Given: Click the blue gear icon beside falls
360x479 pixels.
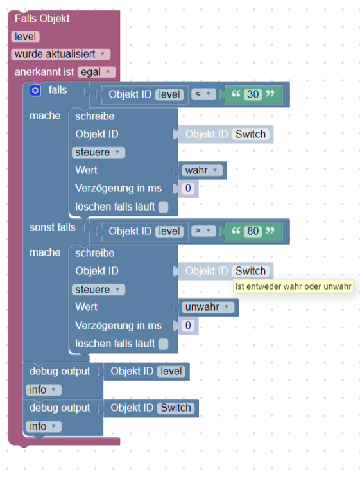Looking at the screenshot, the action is coord(35,91).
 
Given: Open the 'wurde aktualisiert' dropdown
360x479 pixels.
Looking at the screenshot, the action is coord(61,55).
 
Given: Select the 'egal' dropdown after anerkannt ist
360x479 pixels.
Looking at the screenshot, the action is coord(96,72).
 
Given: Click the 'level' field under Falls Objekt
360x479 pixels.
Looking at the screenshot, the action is coord(25,37).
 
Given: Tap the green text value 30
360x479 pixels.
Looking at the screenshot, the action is coord(253,94).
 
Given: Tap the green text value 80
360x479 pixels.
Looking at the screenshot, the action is coord(253,231).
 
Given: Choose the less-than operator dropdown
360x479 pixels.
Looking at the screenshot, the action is coord(203,94).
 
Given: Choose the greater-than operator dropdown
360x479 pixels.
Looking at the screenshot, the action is coord(203,231).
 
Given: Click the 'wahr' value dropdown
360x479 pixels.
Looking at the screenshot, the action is coord(202,170).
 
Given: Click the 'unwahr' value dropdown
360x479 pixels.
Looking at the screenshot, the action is coord(208,307).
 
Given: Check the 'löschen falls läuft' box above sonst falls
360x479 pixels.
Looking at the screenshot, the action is coord(164,207).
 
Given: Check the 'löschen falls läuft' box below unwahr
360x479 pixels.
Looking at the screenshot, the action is coord(164,344).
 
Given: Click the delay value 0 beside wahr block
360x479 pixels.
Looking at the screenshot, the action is coord(188,188).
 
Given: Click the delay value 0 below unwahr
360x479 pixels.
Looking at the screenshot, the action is coord(188,326).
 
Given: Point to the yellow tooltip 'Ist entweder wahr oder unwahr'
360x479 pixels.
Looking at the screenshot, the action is coord(293,286).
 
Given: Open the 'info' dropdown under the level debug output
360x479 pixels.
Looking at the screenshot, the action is coord(44,390).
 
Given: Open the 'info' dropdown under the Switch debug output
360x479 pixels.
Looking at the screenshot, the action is coord(44,426).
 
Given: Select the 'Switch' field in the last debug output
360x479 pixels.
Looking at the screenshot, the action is coord(176,408).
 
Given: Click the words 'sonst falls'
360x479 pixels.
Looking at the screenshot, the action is coord(53,227).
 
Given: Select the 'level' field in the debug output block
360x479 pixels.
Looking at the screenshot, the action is coord(171,371).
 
